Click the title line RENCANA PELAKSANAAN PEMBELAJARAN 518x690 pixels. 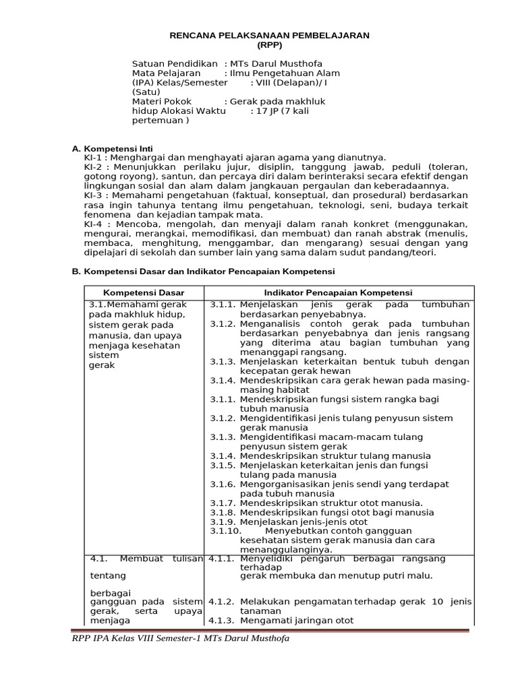pyautogui.click(x=269, y=35)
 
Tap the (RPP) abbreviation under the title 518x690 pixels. pyautogui.click(x=269, y=45)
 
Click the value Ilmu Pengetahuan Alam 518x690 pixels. pyautogui.click(x=285, y=73)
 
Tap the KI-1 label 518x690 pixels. pyautogui.click(x=93, y=157)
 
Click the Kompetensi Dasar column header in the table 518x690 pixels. pyautogui.click(x=144, y=292)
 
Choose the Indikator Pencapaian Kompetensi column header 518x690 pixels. pyautogui.click(x=338, y=292)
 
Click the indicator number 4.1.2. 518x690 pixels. pyautogui.click(x=221, y=601)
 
